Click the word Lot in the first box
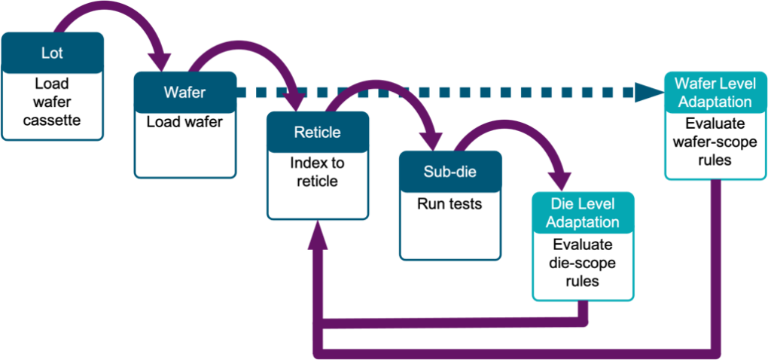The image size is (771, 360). (x=52, y=53)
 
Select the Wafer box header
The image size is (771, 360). (x=184, y=93)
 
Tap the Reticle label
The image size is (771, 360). (x=317, y=133)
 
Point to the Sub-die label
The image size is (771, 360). (x=449, y=172)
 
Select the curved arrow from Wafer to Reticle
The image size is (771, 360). (x=241, y=47)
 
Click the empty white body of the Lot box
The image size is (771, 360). (x=52, y=105)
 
